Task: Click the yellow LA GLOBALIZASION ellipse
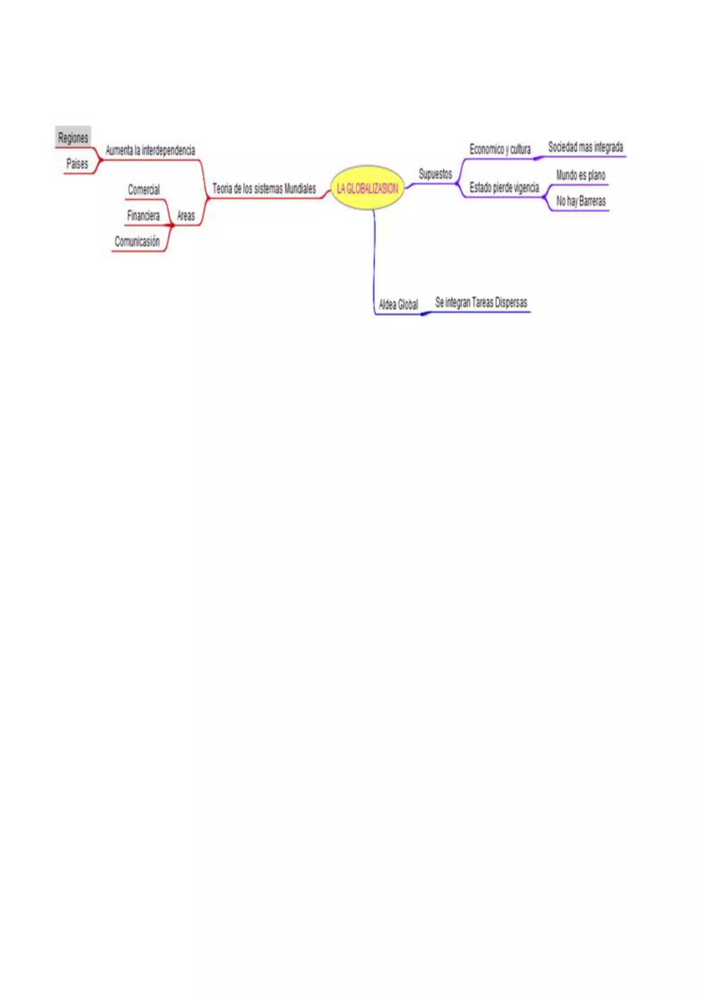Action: [x=367, y=188]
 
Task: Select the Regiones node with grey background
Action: [x=73, y=138]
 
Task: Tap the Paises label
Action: [x=77, y=164]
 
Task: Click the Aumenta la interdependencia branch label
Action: [x=151, y=150]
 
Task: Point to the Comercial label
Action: [x=143, y=190]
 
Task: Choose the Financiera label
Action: [x=143, y=215]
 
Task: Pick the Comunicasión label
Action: [x=137, y=241]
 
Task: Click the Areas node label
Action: [x=186, y=215]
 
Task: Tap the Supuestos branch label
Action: [x=435, y=174]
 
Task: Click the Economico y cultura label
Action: [x=500, y=149]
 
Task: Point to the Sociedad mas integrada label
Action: [x=585, y=147]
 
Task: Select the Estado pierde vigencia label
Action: [x=504, y=187]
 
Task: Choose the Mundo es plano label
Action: [x=581, y=175]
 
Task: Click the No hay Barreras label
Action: [x=581, y=201]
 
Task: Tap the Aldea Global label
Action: [x=398, y=304]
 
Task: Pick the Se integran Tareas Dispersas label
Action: [x=481, y=302]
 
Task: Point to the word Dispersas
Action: [x=511, y=302]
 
